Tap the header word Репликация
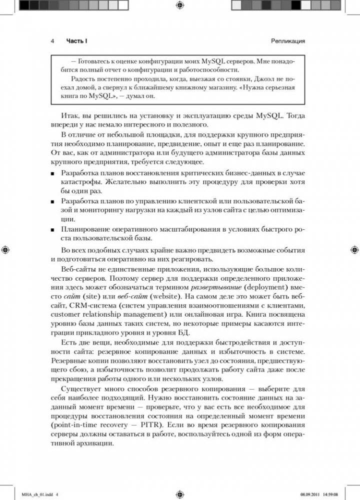[288, 40]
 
